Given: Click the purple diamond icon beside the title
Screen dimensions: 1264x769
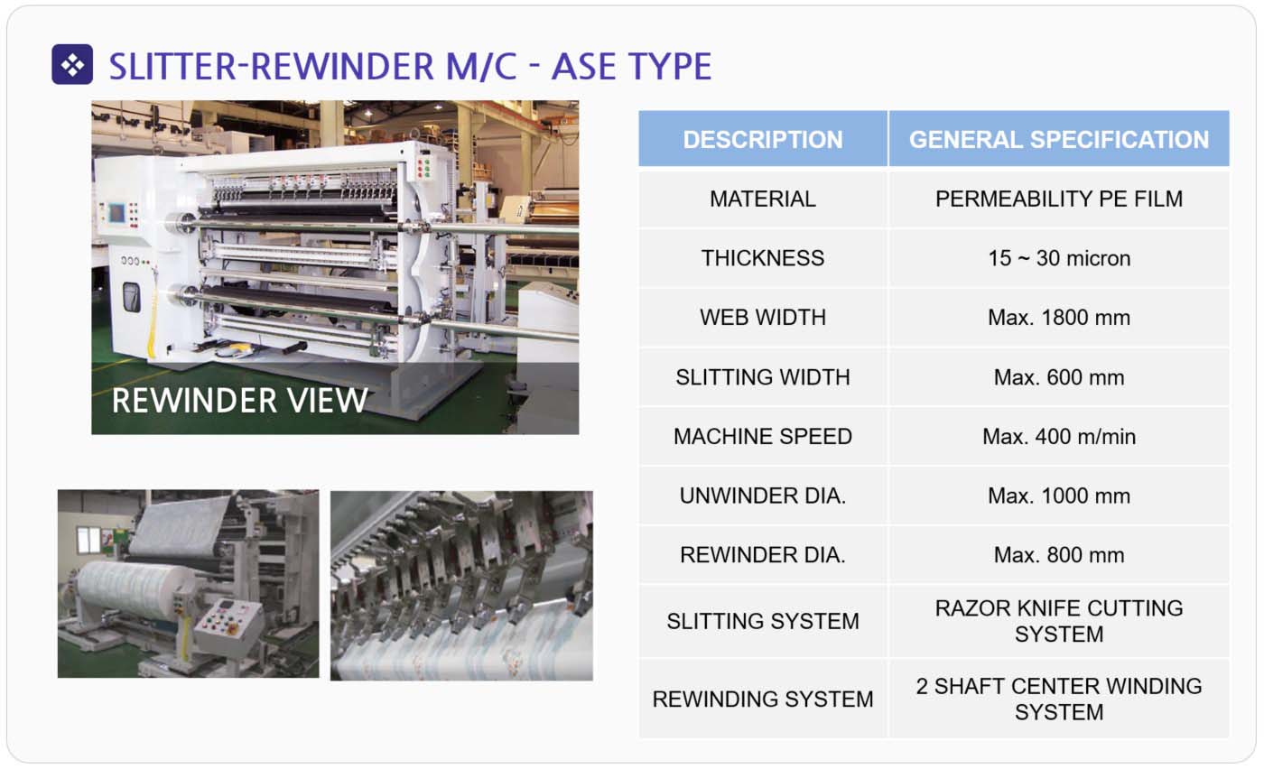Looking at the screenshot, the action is [x=72, y=64].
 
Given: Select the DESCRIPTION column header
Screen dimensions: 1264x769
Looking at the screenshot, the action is [x=763, y=139].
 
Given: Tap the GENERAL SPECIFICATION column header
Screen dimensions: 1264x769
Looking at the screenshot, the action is [x=1059, y=139].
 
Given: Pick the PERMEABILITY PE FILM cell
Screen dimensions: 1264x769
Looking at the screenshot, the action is [x=1059, y=199].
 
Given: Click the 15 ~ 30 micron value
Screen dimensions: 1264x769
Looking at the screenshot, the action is [x=1059, y=258].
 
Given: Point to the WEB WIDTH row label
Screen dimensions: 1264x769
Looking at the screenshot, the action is [x=763, y=318].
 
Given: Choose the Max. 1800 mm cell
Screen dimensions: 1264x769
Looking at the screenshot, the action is [x=1059, y=318].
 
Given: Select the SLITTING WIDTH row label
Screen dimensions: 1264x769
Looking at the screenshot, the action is [x=763, y=377].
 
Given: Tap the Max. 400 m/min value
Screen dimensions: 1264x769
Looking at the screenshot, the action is [x=1059, y=437].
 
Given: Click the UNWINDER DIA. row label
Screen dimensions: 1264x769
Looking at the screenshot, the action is [x=763, y=496].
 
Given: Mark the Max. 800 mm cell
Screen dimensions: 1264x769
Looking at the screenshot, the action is [x=1059, y=555].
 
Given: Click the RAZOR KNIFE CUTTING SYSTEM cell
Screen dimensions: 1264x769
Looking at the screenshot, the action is [x=1059, y=621].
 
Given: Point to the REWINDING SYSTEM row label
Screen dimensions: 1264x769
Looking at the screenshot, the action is [x=763, y=700].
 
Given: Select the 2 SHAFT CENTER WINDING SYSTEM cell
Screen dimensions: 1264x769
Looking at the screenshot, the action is [x=1059, y=700].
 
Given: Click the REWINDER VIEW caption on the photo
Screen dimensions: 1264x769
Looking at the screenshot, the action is [x=240, y=401].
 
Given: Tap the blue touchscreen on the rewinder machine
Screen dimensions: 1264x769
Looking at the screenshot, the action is [x=116, y=213].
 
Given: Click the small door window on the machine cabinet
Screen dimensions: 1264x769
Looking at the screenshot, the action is [x=132, y=297].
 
